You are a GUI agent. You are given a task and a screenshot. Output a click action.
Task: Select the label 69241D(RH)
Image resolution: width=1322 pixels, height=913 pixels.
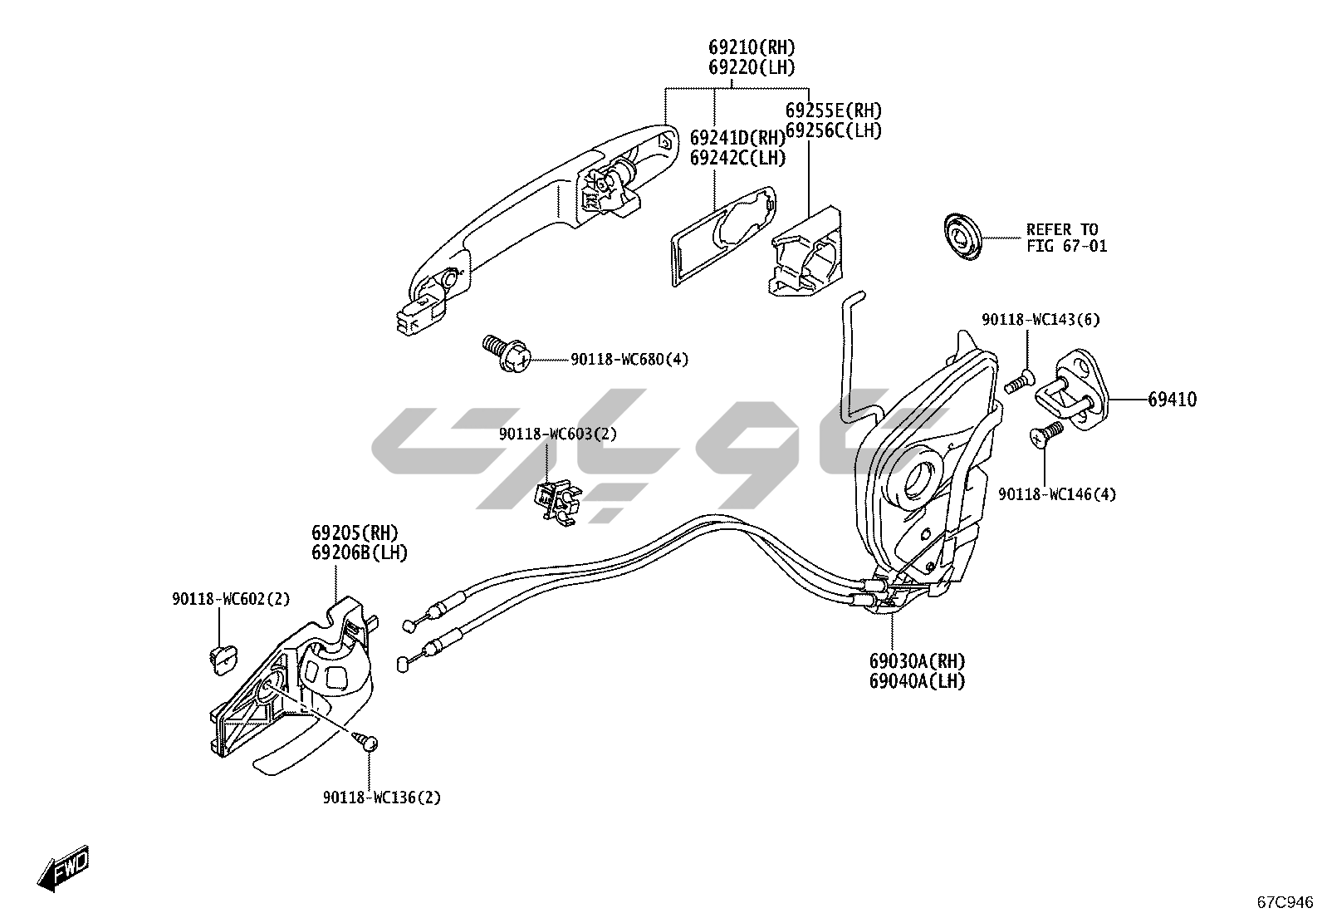pos(737,138)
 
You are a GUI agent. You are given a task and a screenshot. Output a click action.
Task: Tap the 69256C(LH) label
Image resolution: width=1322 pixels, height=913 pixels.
pos(833,130)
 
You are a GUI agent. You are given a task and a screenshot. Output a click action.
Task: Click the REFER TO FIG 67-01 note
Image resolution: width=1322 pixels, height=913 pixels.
pos(1066,238)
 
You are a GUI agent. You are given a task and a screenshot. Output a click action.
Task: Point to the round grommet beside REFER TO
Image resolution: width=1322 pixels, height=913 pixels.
pos(962,237)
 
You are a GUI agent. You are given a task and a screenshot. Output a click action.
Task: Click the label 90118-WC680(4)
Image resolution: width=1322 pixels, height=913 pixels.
pos(629,360)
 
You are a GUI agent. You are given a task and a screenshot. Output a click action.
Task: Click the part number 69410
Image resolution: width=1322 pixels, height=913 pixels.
pos(1172,400)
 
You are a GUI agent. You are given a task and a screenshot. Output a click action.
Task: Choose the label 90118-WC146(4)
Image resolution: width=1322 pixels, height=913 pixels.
pos(1056,495)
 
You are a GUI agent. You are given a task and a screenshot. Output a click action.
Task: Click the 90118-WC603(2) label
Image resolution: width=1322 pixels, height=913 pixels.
pos(557,434)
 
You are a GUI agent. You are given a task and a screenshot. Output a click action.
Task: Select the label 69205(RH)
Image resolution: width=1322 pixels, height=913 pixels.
pos(355,533)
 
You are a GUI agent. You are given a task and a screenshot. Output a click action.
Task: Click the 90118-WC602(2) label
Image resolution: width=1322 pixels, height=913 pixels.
pos(231,598)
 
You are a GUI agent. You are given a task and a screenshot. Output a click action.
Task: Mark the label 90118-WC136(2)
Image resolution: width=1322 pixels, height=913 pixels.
pos(382,798)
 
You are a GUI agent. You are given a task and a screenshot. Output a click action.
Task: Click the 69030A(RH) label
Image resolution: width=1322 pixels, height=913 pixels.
pos(918,662)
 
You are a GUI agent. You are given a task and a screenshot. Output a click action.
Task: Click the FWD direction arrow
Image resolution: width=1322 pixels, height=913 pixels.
pos(63,871)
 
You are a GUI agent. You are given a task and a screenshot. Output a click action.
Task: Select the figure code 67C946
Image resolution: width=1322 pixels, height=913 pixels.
pos(1285,901)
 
